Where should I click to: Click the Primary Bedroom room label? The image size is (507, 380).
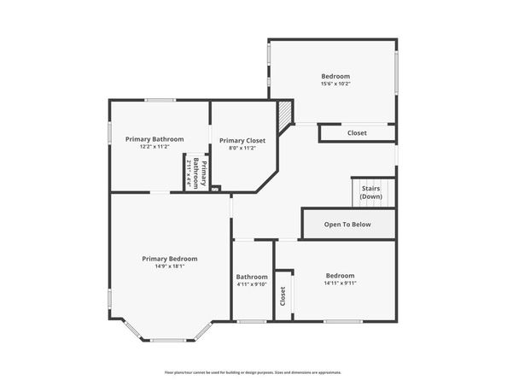[170, 259]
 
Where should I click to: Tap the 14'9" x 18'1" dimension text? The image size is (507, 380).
[170, 266]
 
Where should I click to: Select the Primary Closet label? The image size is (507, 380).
[242, 140]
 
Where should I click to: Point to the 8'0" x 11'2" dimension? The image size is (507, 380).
[242, 148]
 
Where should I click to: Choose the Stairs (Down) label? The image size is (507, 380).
[370, 192]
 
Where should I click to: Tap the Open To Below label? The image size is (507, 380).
[347, 225]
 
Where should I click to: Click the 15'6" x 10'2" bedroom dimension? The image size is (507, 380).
[335, 84]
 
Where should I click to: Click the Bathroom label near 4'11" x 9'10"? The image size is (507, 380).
[252, 277]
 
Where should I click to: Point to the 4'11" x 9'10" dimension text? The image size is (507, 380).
[252, 284]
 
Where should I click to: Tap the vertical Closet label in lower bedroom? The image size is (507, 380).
[283, 295]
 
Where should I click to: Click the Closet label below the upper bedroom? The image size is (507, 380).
[357, 133]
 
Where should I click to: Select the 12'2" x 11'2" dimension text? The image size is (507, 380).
[154, 146]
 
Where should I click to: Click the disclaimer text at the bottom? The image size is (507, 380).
[253, 372]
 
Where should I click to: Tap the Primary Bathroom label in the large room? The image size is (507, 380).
[154, 138]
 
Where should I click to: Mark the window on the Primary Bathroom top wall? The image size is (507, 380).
[160, 101]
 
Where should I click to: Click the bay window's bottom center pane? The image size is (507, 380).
[168, 340]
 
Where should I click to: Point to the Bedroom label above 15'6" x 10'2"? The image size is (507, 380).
[335, 76]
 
